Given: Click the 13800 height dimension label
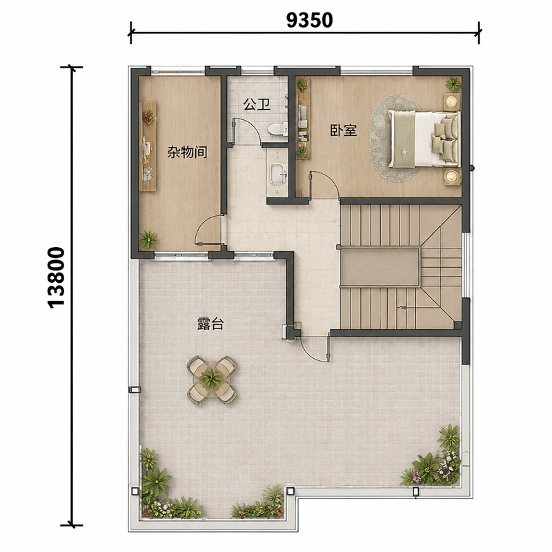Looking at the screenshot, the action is [x=57, y=278].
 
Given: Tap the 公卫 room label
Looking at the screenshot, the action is [x=257, y=104].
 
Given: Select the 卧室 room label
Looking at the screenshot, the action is [x=344, y=130].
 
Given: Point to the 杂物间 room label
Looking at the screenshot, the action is [x=187, y=152].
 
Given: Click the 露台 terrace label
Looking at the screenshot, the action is [x=210, y=324].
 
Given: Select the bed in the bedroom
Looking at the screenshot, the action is [x=424, y=139].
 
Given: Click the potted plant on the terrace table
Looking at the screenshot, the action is [x=211, y=378].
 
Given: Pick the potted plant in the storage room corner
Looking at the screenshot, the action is [x=148, y=239].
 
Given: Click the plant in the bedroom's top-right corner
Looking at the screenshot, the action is [x=453, y=83].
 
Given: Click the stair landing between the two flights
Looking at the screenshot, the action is [x=380, y=266].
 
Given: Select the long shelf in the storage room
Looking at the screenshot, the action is [x=148, y=146].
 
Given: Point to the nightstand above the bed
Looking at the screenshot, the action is [x=452, y=101].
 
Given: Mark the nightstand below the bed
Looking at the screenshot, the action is [x=452, y=177].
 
